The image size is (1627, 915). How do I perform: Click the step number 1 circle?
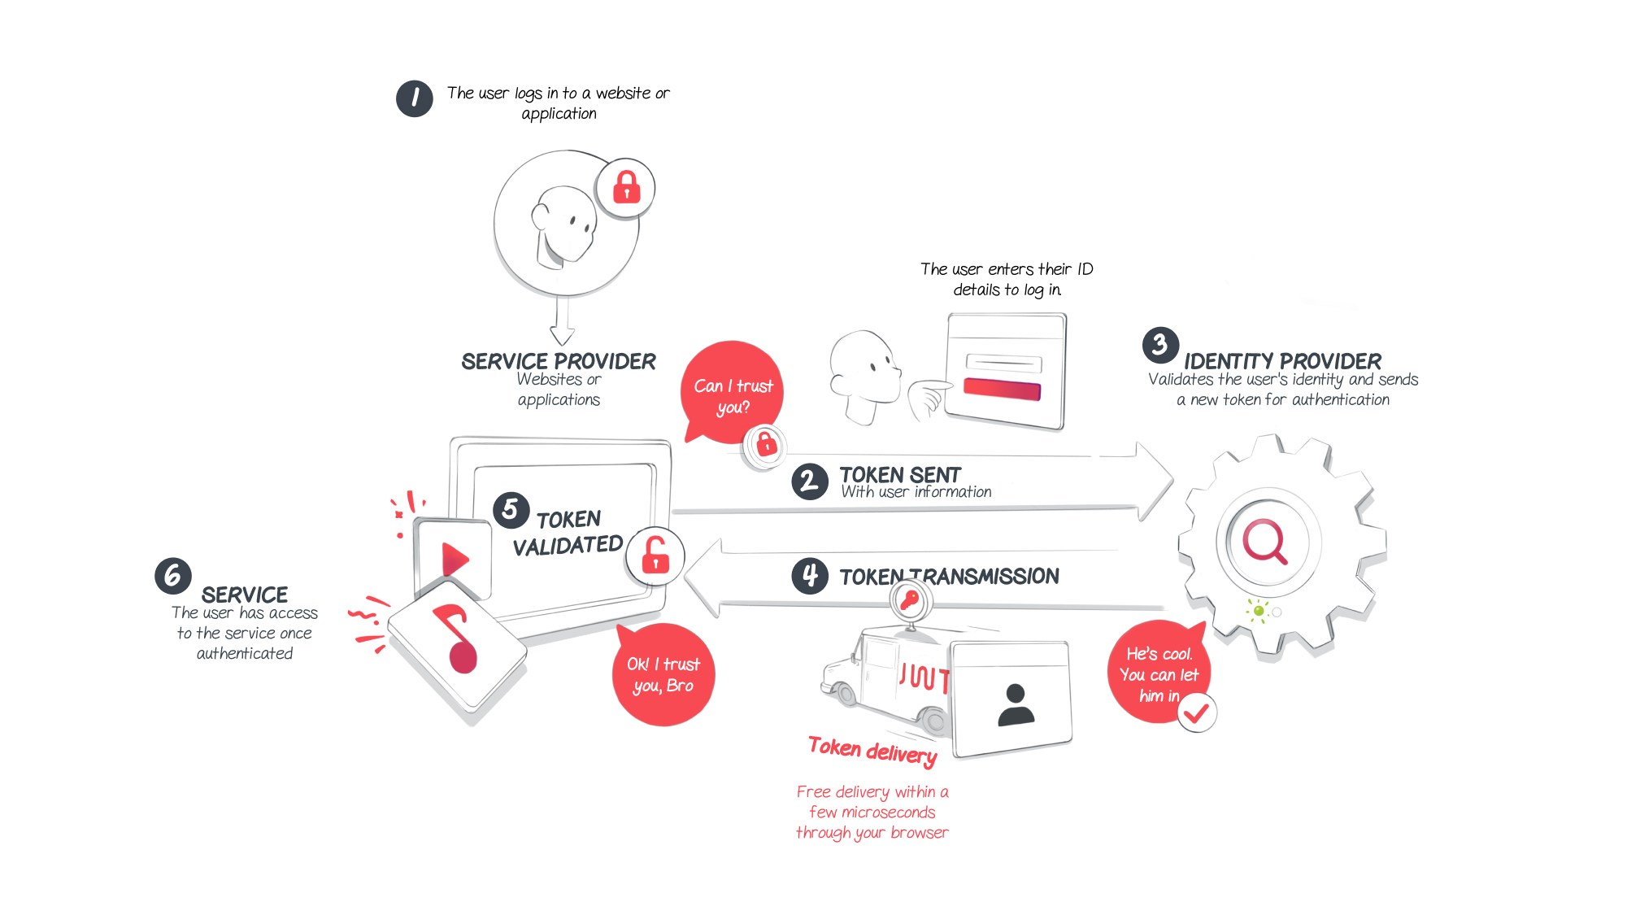point(415,98)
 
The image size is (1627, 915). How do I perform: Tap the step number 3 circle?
point(1160,346)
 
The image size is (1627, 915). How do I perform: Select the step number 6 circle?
point(173,576)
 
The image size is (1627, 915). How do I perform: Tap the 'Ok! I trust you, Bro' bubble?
point(663,674)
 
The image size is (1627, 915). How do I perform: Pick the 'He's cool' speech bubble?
point(1159,672)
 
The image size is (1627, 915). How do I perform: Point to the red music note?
point(457,639)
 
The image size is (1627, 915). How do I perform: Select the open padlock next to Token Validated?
point(655,556)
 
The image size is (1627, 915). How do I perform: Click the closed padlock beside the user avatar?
point(626,187)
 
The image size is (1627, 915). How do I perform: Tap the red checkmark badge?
point(1197,713)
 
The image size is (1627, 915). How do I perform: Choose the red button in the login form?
point(1002,389)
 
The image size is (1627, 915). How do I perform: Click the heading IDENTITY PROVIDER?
point(1283,361)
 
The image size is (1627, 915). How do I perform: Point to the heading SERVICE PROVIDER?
point(559,361)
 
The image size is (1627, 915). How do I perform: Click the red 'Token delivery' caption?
point(873,751)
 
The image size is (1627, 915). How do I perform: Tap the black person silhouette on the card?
point(1016,704)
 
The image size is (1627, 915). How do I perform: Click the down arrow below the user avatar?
point(562,320)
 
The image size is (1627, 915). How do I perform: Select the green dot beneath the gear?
point(1259,611)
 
